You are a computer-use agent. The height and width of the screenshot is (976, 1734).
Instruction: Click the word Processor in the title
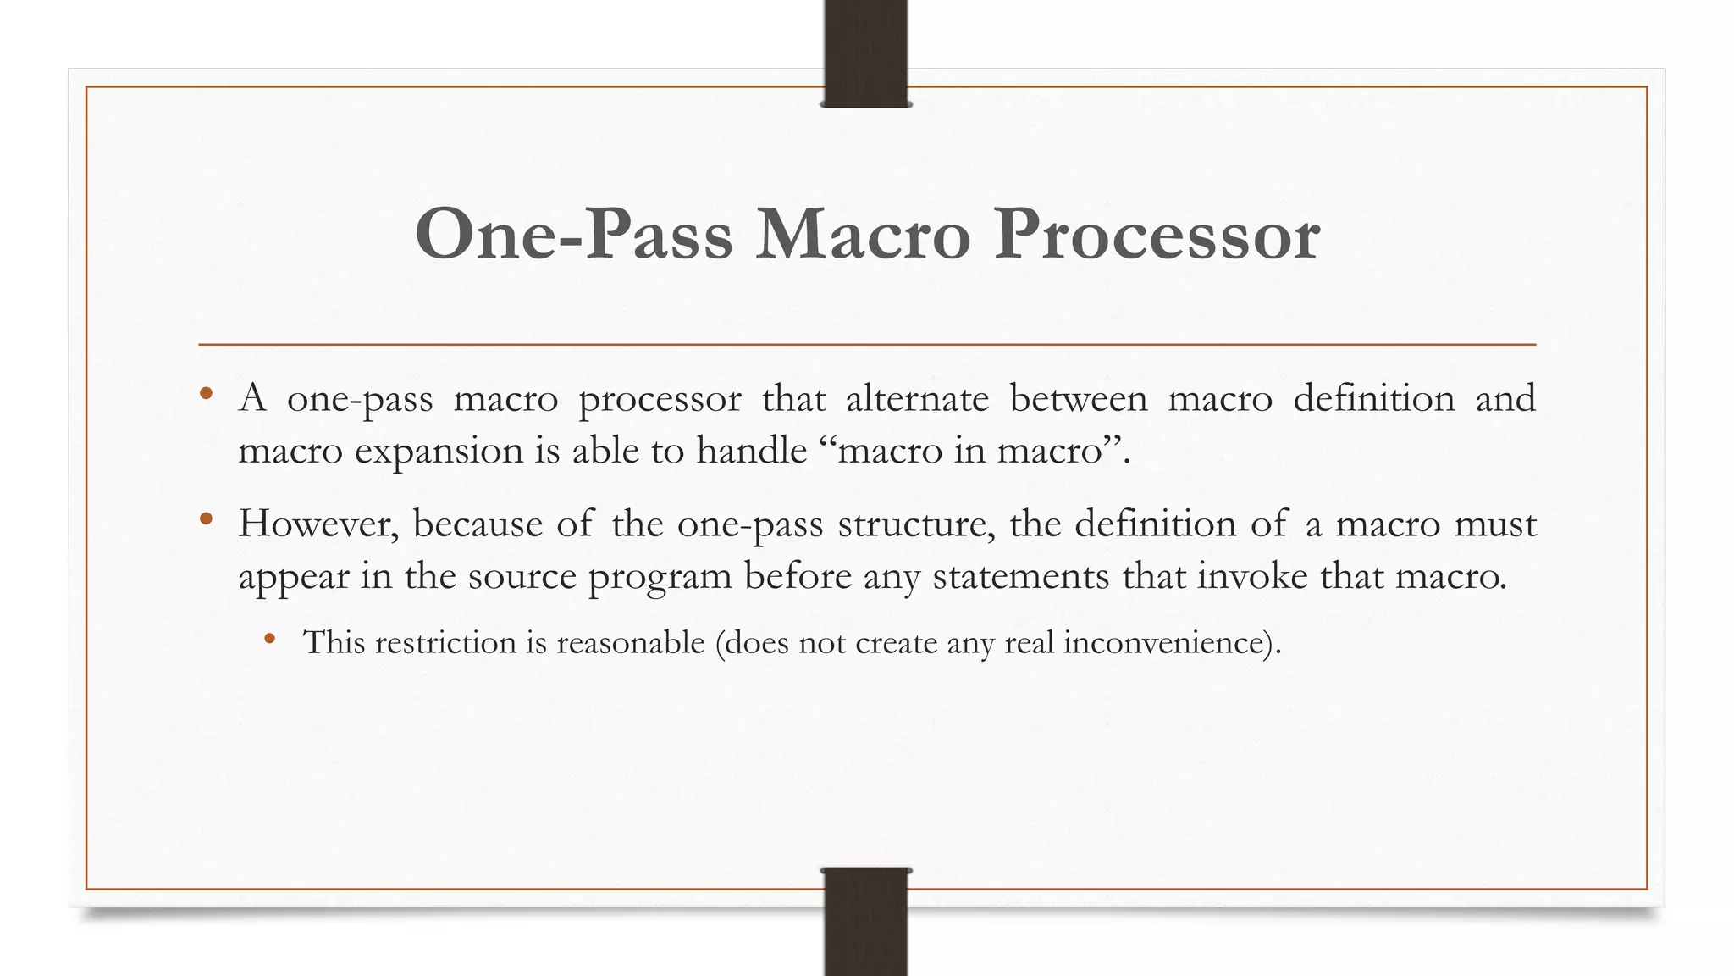point(1157,234)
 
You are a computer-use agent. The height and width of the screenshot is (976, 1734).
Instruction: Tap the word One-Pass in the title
point(573,234)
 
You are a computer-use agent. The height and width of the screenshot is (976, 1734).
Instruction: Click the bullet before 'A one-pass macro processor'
point(206,394)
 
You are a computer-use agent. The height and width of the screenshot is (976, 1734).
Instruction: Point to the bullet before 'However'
point(206,519)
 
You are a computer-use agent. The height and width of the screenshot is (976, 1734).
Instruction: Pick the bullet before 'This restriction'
point(269,639)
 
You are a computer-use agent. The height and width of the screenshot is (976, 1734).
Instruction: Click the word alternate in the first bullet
point(917,398)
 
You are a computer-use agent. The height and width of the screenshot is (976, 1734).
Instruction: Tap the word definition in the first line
point(1373,398)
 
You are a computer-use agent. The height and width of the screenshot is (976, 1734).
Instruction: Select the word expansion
point(439,451)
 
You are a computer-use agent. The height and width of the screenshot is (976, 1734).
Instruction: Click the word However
point(318,524)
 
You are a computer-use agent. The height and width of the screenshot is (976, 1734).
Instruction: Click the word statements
point(1020,576)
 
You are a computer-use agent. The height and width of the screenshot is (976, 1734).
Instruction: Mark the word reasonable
point(630,642)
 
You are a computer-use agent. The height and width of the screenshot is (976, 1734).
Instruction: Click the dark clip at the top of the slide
point(865,53)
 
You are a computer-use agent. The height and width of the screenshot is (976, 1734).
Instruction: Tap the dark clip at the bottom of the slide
point(865,921)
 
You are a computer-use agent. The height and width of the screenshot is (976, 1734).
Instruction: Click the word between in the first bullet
point(1079,398)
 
